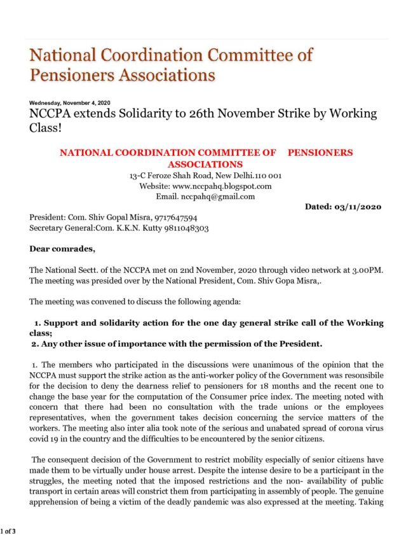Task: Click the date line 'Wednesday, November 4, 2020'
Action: (69, 104)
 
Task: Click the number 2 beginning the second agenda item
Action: (35, 344)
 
